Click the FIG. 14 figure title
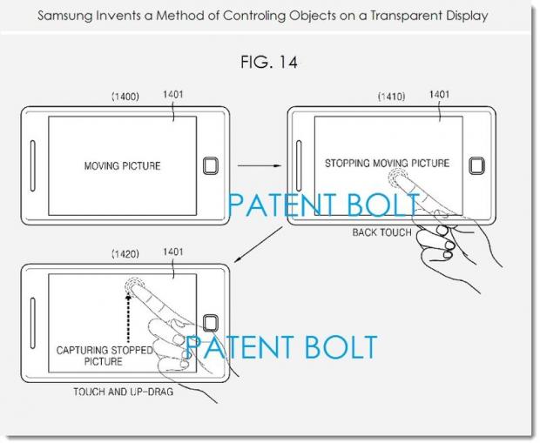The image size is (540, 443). (x=268, y=63)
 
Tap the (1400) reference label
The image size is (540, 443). (x=125, y=97)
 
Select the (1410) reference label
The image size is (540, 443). (x=392, y=97)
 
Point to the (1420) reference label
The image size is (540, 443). (x=125, y=254)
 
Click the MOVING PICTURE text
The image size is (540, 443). (x=122, y=166)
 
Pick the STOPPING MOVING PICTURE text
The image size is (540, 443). (x=387, y=163)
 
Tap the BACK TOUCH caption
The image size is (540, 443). (x=382, y=232)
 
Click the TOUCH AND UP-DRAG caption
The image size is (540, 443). (x=124, y=392)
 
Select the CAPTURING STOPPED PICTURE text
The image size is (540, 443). (x=104, y=356)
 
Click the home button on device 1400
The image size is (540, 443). (x=211, y=166)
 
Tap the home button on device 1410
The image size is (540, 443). (x=476, y=166)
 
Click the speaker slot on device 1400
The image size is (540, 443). (x=33, y=165)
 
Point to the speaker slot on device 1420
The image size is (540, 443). (x=33, y=323)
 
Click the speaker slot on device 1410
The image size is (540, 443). (x=299, y=165)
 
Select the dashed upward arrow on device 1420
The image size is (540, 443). (x=128, y=318)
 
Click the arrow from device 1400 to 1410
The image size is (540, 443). (x=260, y=166)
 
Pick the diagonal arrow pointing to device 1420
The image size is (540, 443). (x=259, y=245)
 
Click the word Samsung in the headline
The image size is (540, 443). (x=65, y=16)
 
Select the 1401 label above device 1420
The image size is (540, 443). (x=172, y=252)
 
